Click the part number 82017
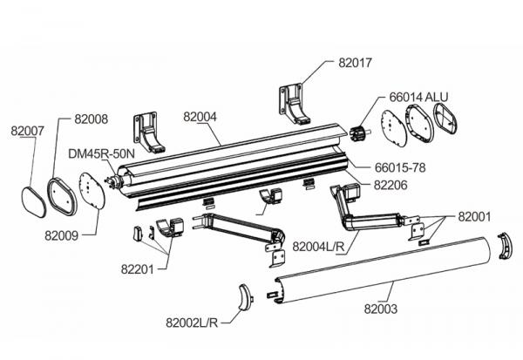pos(354,62)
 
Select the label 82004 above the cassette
pos(203,115)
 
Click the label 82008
pos(91,119)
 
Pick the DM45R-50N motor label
pos(100,153)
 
